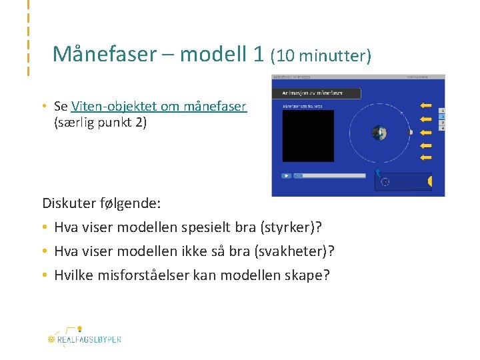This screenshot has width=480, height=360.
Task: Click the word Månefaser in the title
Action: point(103,53)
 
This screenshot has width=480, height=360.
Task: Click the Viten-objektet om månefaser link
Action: point(159,106)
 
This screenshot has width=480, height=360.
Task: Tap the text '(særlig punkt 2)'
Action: point(100,123)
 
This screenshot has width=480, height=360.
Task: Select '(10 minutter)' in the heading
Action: point(321,55)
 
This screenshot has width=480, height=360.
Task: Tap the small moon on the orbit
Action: point(411,132)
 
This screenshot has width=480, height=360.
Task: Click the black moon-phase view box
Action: point(307,136)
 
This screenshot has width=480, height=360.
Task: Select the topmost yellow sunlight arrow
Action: point(425,105)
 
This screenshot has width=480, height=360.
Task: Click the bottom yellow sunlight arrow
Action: point(425,157)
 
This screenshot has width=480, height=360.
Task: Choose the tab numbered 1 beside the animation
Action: point(442,111)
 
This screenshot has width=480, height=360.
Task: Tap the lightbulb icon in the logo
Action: point(79,329)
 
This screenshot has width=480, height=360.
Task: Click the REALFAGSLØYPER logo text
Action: point(89,339)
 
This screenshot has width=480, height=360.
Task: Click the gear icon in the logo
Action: point(51,339)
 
